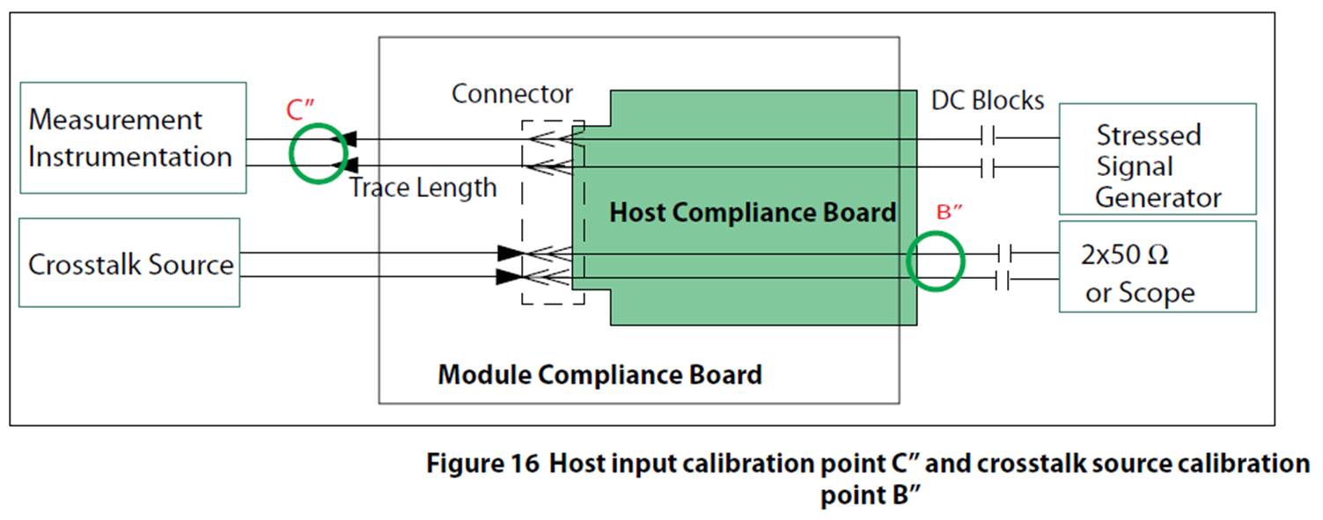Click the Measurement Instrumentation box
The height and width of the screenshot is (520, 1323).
point(132,138)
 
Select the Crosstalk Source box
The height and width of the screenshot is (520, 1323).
point(129,263)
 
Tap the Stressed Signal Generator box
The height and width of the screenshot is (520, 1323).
point(1157,159)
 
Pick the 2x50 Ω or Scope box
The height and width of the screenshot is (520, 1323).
point(1157,267)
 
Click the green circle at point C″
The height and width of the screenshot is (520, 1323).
point(319,153)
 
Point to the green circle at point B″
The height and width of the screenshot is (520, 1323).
point(936,260)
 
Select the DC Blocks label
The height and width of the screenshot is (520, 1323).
point(987,101)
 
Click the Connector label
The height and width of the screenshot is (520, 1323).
point(511,94)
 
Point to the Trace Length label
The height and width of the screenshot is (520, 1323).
point(423,187)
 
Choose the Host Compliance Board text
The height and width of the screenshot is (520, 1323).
point(753,213)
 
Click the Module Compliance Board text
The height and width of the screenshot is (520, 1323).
point(599,375)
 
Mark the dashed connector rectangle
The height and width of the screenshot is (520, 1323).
point(552,212)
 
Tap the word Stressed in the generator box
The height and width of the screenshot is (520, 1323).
point(1148,135)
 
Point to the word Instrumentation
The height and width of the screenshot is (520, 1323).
point(130,157)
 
